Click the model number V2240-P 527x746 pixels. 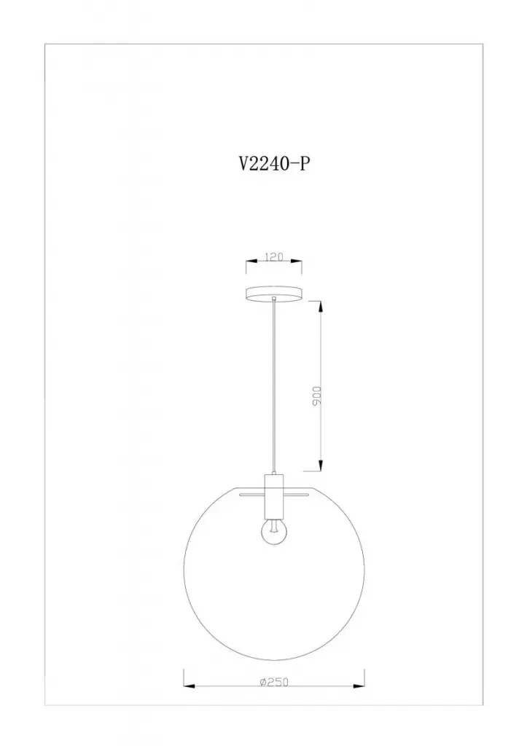click(274, 163)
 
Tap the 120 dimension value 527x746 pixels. click(274, 257)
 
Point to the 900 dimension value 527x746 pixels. click(318, 396)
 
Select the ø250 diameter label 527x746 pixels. click(274, 682)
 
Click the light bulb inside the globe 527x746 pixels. click(274, 532)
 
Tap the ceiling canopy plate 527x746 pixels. click(274, 294)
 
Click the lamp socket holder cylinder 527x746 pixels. click(274, 495)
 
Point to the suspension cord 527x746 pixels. click(274, 386)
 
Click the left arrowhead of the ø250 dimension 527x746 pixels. click(190, 686)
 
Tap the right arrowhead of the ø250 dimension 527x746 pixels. click(359, 686)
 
